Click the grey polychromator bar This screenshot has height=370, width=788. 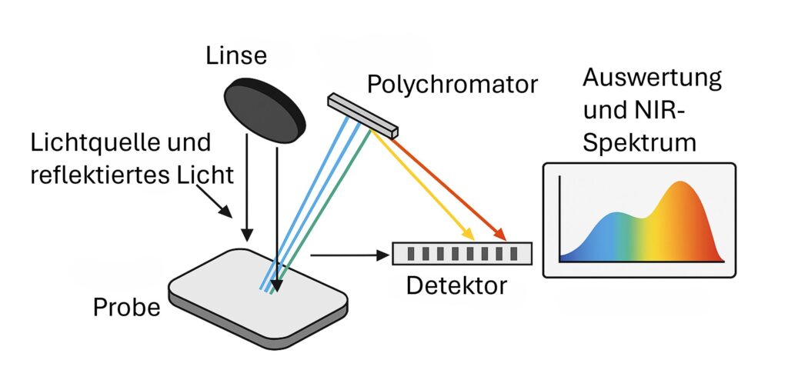[x=362, y=115]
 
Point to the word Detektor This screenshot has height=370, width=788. [x=456, y=286]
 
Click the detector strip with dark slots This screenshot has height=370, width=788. [x=461, y=253]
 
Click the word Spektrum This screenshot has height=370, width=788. [x=639, y=142]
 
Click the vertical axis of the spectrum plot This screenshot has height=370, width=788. [x=559, y=219]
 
